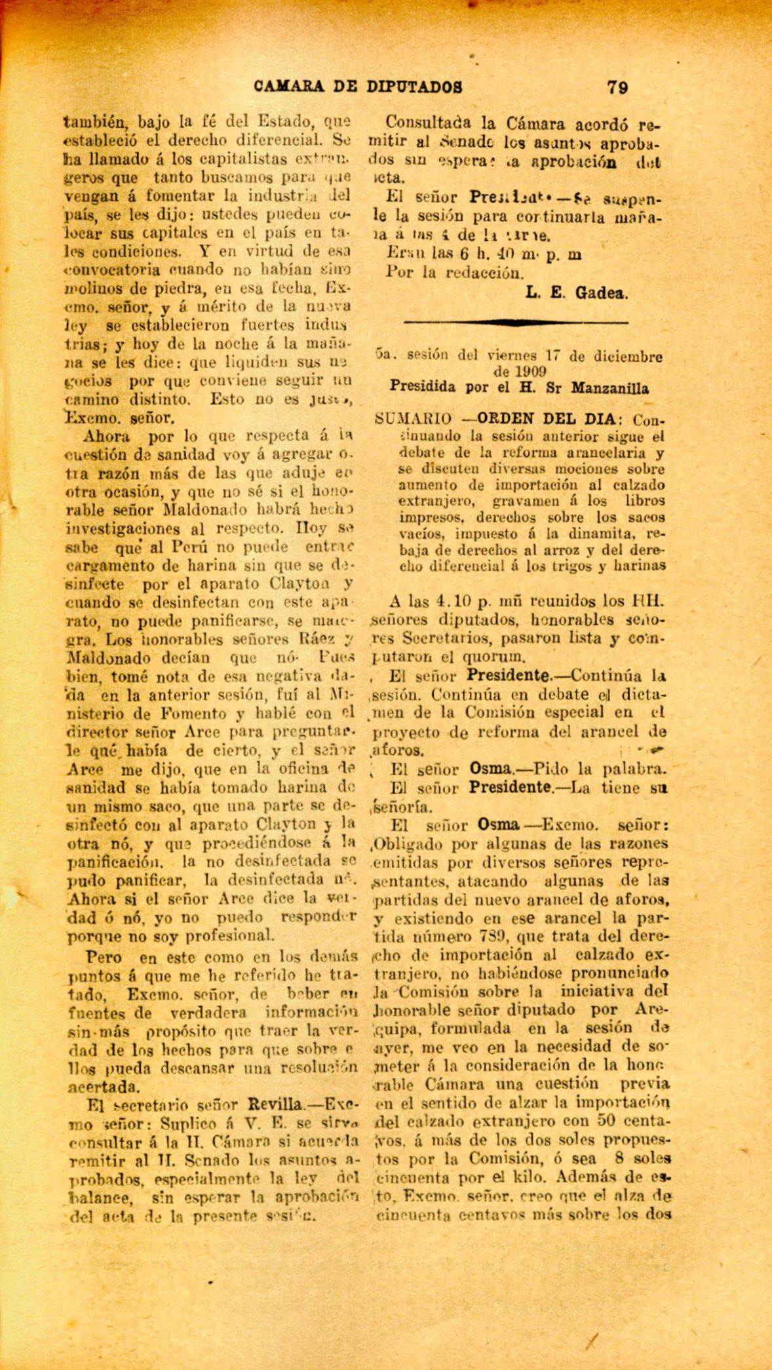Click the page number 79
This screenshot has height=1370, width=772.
coord(618,87)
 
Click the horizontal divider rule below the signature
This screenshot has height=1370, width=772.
coord(516,322)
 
